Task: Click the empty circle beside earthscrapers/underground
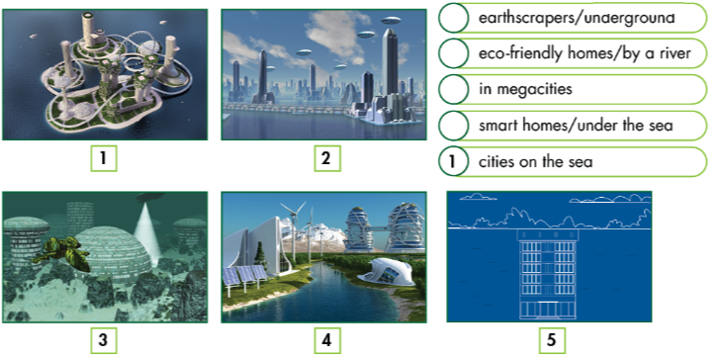pos(453,18)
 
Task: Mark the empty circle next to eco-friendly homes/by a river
pos(453,53)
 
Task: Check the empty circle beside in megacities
pos(453,89)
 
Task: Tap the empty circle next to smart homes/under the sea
pos(453,125)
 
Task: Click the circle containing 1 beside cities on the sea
pos(453,160)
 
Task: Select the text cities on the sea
pos(535,161)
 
